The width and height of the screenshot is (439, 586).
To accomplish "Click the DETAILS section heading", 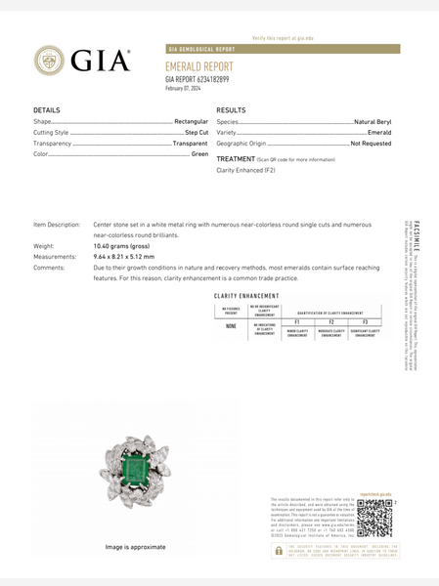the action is (x=47, y=110).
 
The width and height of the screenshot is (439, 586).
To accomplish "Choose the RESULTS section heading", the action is (x=231, y=110).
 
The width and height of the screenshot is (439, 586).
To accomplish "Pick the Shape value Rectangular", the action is (x=192, y=121).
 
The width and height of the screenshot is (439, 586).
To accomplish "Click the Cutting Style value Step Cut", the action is (x=197, y=132).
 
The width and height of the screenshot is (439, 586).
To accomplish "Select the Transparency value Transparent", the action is (x=191, y=143).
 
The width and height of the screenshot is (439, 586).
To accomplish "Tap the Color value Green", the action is (x=200, y=153).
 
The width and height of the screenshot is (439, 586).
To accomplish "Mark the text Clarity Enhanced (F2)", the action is (x=245, y=170).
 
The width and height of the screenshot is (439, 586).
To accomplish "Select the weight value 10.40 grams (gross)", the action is (x=121, y=246).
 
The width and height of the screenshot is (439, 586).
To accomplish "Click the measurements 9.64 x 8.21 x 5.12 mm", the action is (x=124, y=257).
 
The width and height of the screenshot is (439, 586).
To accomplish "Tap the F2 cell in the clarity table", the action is (x=331, y=321).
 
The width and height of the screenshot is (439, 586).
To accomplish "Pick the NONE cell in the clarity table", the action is (x=231, y=327).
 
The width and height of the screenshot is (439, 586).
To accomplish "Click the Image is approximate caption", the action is (x=135, y=547).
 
